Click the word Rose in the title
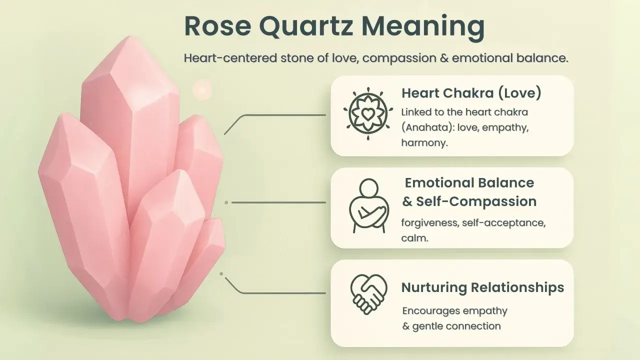(218, 26)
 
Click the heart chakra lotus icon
(368, 113)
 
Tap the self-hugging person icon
(368, 205)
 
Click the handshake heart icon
(369, 294)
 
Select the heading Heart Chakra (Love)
(471, 93)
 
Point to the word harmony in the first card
(424, 142)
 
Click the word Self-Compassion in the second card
(476, 201)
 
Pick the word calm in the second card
(414, 238)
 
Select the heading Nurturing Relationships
(483, 287)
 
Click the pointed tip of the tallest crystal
(130, 36)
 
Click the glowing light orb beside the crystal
(202, 90)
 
